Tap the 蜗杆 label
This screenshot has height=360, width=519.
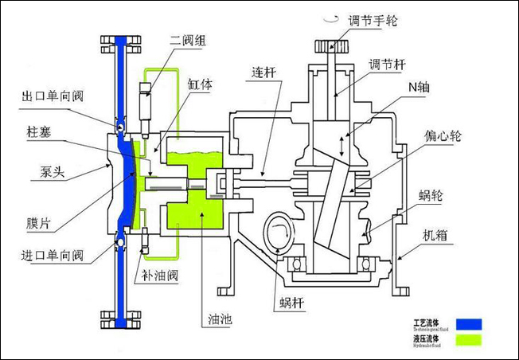[292, 302]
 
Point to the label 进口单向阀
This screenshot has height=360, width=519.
[50, 256]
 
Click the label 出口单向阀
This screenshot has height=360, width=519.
[52, 98]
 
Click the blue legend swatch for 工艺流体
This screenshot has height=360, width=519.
[470, 323]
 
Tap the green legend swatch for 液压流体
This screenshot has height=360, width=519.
[470, 342]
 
